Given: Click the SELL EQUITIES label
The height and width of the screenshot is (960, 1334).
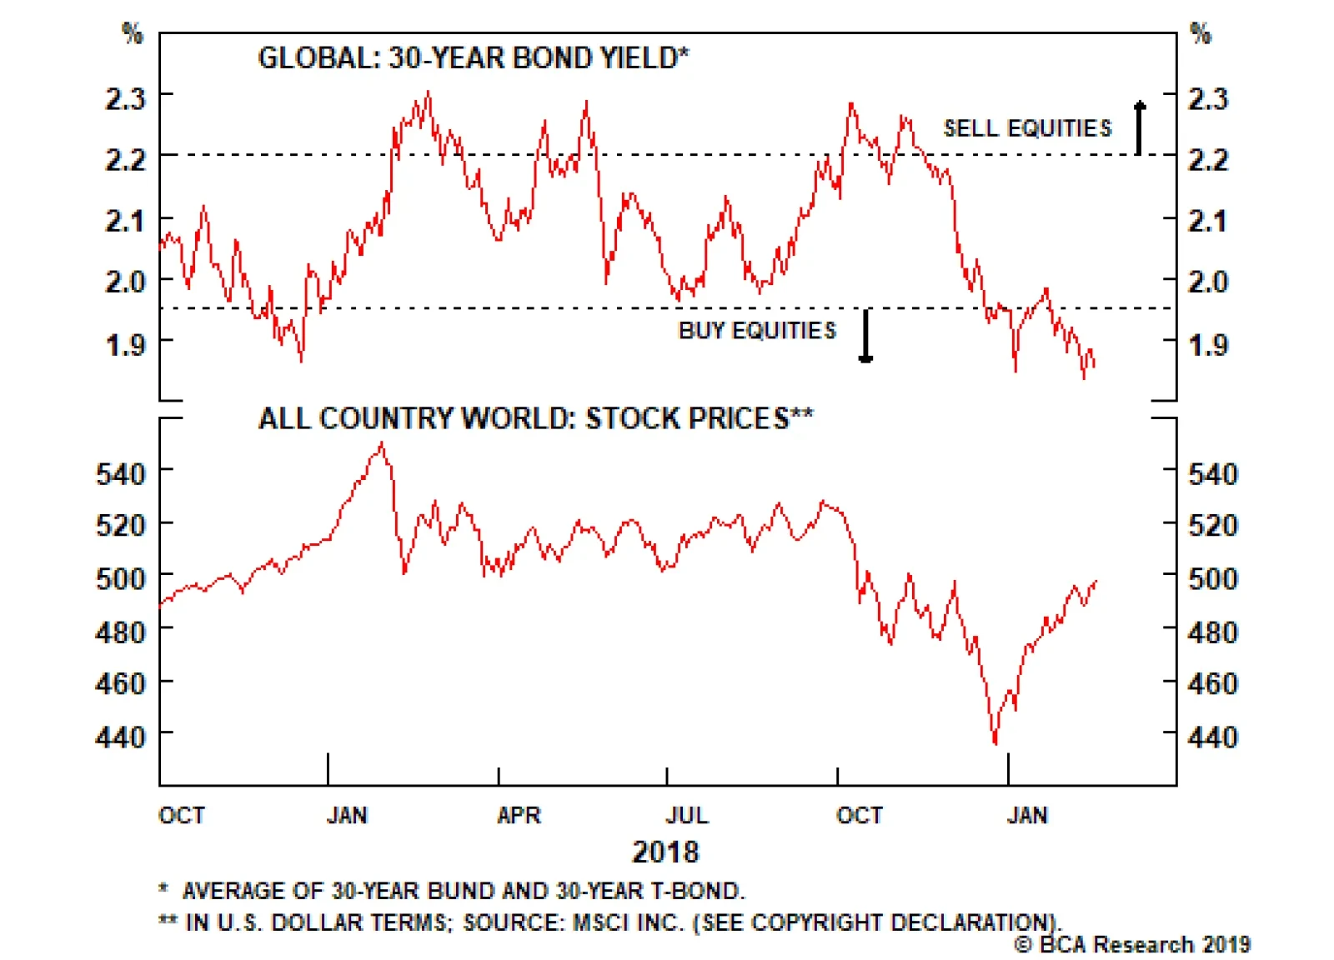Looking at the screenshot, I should click(1026, 128).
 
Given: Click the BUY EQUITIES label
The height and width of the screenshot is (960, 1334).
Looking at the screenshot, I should click(757, 331).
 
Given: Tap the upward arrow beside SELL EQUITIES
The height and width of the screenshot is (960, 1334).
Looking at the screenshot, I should click(1139, 127).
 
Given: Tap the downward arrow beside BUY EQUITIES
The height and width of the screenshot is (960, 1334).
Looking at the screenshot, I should click(865, 336).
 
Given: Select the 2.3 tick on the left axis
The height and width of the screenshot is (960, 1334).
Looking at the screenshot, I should click(125, 98).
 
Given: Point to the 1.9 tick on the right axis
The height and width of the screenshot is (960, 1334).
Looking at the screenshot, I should click(1208, 344).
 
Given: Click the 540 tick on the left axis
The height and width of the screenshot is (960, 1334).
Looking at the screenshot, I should click(121, 473).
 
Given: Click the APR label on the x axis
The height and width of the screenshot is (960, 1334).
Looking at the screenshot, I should click(519, 815).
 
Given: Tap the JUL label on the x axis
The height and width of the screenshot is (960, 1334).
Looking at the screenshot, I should click(687, 815).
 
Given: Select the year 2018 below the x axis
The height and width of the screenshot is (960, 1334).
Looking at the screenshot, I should click(665, 852).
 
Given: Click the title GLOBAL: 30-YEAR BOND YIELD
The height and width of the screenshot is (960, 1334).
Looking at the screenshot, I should click(474, 58).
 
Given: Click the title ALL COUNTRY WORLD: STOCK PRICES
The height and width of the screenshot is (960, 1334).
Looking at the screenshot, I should click(535, 418).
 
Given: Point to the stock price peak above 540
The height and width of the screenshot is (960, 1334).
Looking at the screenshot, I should click(382, 445).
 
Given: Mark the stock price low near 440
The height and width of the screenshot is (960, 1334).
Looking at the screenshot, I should click(995, 742).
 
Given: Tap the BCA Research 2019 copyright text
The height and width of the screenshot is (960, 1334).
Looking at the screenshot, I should click(1132, 945).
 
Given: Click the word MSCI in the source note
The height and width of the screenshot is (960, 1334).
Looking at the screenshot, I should click(600, 922).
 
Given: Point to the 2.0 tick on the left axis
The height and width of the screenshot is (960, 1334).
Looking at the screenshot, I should click(125, 282).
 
